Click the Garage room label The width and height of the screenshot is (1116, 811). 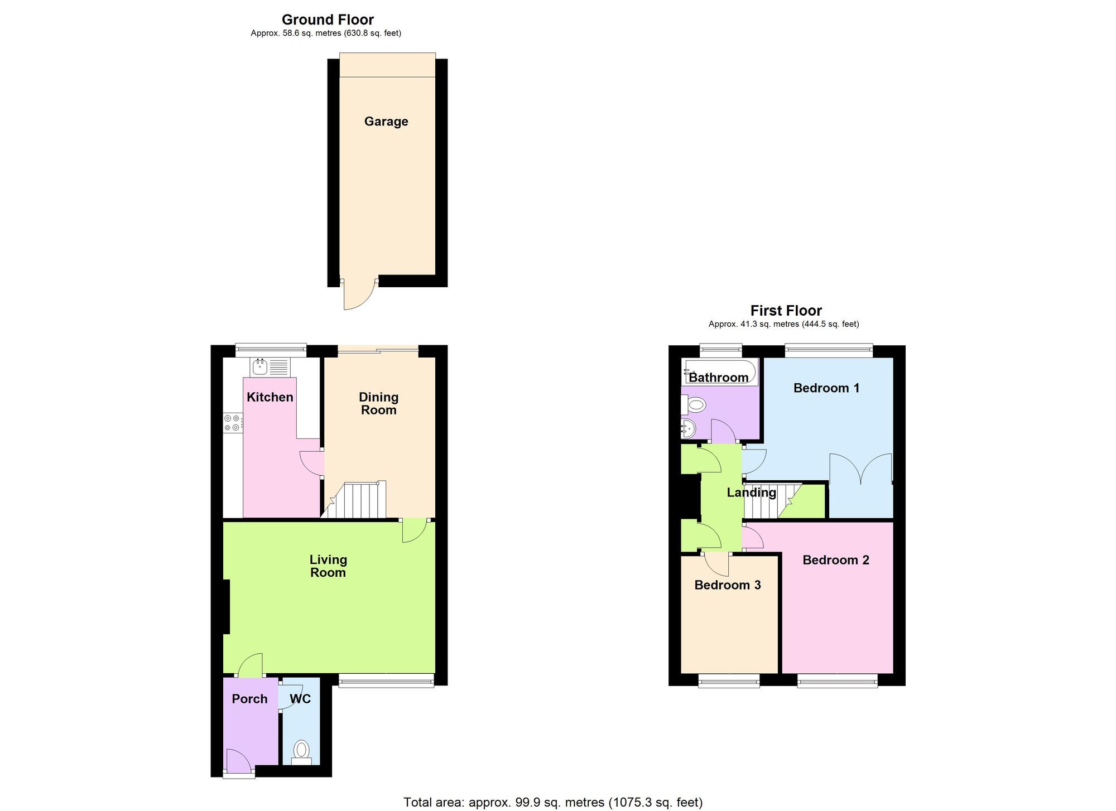click(x=386, y=122)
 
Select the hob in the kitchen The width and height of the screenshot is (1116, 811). click(x=233, y=422)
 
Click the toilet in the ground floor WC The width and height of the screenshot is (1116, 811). click(x=301, y=751)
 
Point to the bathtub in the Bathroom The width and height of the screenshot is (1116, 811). click(x=719, y=372)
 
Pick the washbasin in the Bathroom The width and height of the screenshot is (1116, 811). click(x=688, y=429)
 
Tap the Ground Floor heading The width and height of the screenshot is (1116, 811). click(x=328, y=20)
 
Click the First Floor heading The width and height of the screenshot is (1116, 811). click(x=786, y=311)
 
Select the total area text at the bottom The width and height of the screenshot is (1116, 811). click(x=553, y=802)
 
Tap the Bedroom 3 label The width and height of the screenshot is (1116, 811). click(x=728, y=585)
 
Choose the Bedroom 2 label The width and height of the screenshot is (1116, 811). click(x=836, y=560)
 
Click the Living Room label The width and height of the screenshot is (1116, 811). click(x=328, y=566)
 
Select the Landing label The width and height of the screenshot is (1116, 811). click(x=751, y=493)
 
